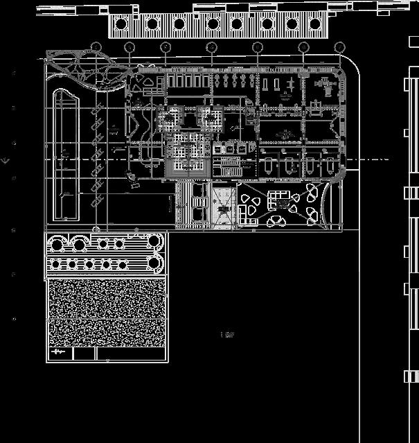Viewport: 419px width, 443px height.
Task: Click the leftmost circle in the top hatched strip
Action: coord(121,24)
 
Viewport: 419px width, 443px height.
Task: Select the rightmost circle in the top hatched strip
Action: coord(316,24)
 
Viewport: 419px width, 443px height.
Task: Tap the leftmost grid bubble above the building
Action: coord(96,47)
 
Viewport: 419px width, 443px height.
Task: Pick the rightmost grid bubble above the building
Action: coord(339,47)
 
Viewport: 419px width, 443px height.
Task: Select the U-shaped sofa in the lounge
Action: coord(280,198)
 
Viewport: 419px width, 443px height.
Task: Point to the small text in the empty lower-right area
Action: coord(227,335)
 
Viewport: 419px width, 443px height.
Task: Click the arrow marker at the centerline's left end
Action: coord(6,161)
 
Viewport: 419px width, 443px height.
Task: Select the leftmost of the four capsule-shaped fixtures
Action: coord(269,164)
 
